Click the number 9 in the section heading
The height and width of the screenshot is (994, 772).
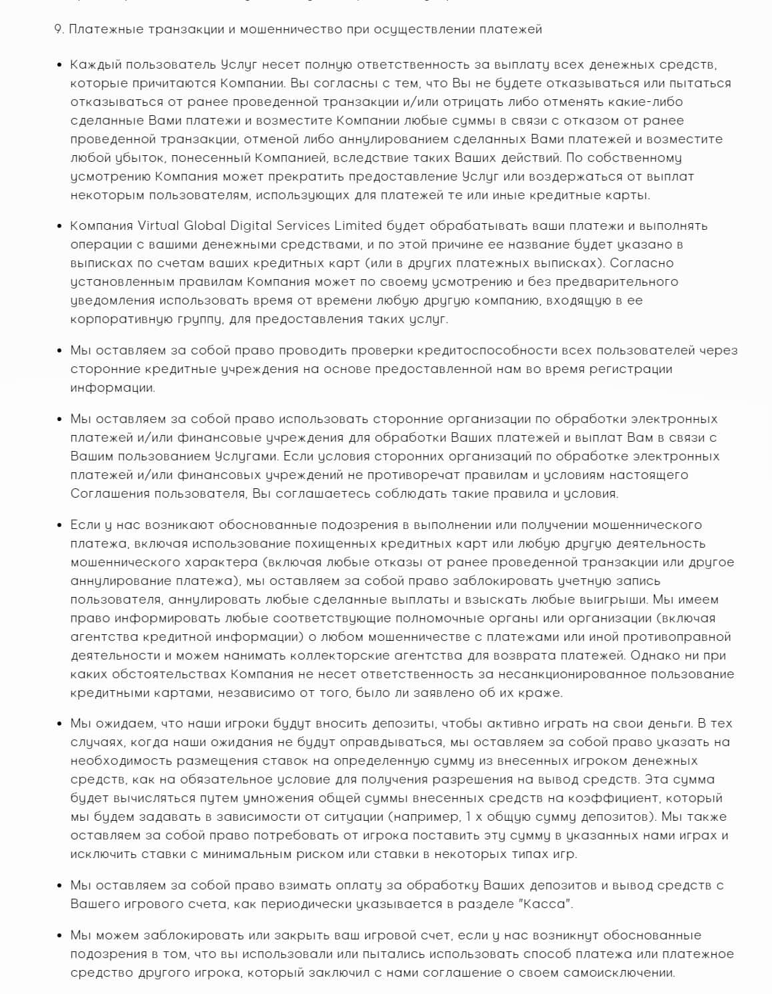click(x=57, y=29)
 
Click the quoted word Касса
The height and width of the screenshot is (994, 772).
click(x=549, y=904)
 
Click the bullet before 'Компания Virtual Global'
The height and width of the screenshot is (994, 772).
click(x=59, y=226)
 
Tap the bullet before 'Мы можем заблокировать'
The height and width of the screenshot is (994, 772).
click(x=59, y=936)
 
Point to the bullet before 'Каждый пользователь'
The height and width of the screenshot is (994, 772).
click(x=59, y=65)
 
